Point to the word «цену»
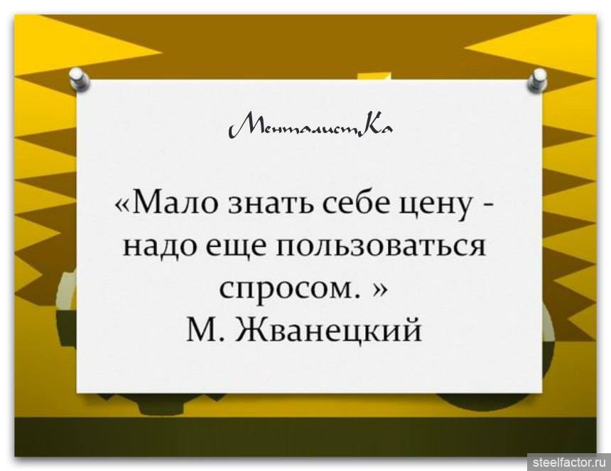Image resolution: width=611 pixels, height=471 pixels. click(439, 207)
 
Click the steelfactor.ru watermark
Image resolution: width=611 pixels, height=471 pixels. click(569, 462)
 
